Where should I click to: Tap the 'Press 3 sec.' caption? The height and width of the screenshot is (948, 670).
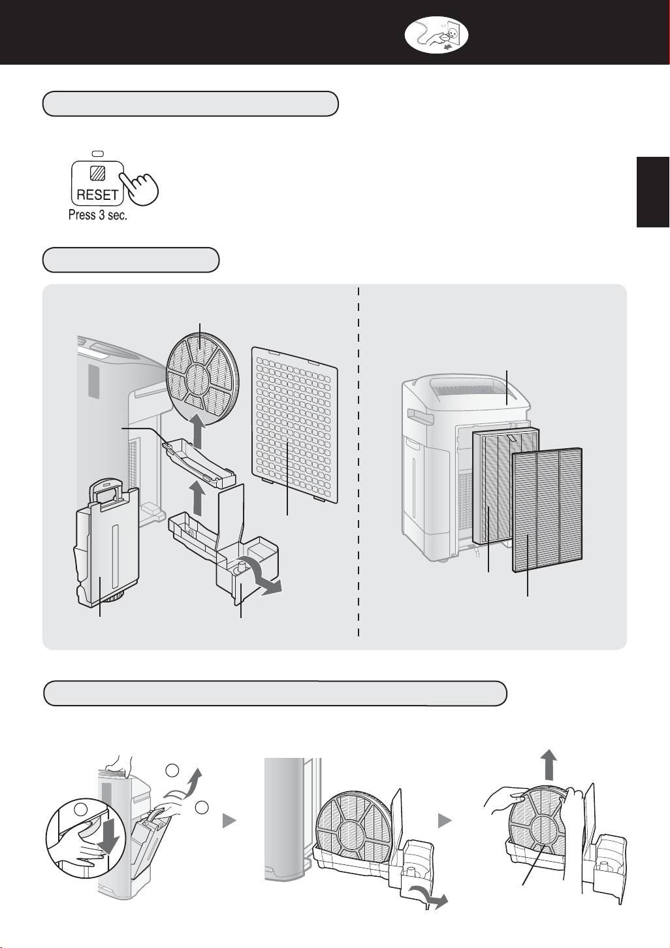point(98,215)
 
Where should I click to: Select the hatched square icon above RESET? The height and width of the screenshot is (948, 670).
point(98,174)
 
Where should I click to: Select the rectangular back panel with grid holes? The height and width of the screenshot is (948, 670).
point(295,425)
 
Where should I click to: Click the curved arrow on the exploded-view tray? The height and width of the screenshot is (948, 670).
point(267,582)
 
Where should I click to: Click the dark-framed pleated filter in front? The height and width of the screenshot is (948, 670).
point(547,507)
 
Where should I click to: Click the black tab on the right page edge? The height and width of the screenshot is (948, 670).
point(653,192)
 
